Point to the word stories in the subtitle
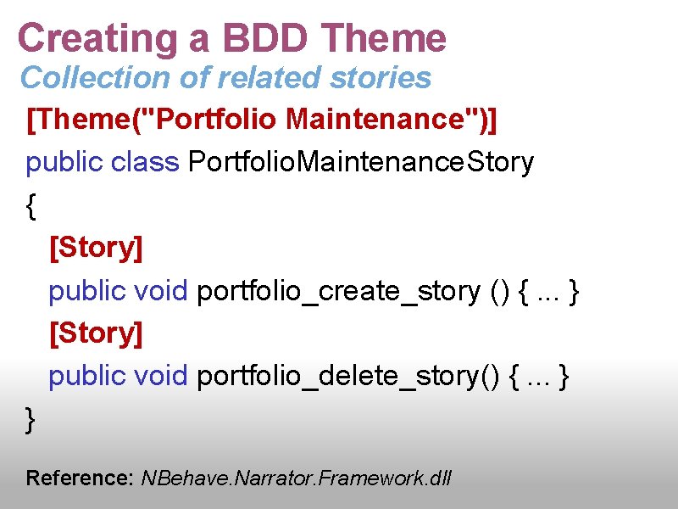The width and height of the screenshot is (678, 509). (x=381, y=78)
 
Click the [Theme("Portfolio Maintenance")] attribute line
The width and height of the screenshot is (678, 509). (x=262, y=120)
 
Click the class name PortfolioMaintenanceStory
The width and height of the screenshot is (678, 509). (x=361, y=162)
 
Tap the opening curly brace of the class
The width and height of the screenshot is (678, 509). (x=31, y=206)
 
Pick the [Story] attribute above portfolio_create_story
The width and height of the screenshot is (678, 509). (x=96, y=249)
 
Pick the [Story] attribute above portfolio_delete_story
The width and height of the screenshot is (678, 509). (x=96, y=333)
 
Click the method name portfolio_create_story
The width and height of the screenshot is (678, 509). (x=338, y=291)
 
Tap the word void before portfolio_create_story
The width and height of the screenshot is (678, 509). (x=161, y=291)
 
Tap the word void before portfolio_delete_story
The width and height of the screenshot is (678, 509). (x=161, y=376)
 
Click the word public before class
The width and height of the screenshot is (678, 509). (x=65, y=162)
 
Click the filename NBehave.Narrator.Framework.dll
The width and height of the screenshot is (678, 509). (x=297, y=478)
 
